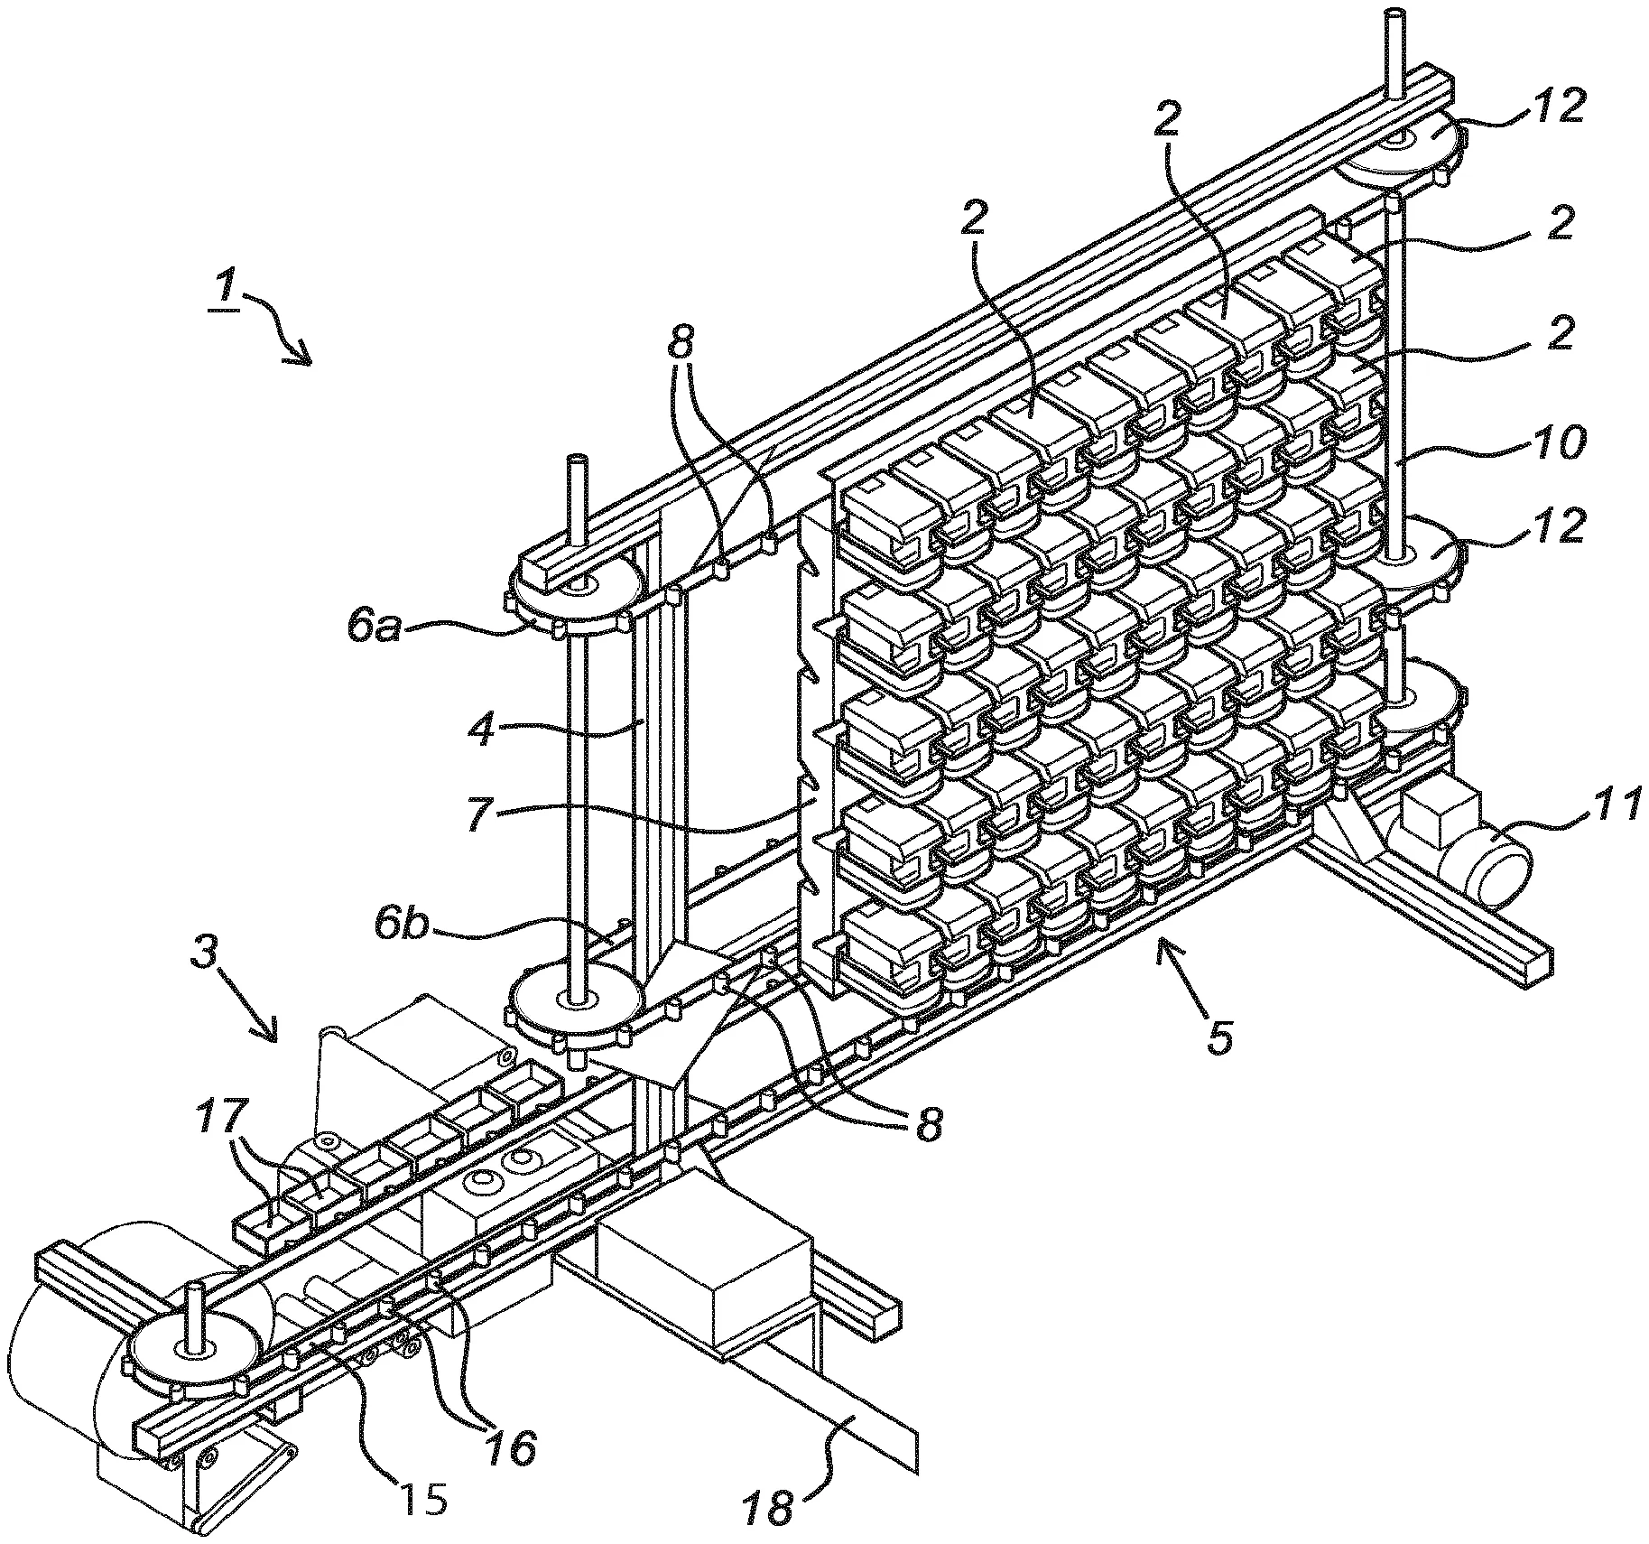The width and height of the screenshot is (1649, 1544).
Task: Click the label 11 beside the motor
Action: [1607, 805]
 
